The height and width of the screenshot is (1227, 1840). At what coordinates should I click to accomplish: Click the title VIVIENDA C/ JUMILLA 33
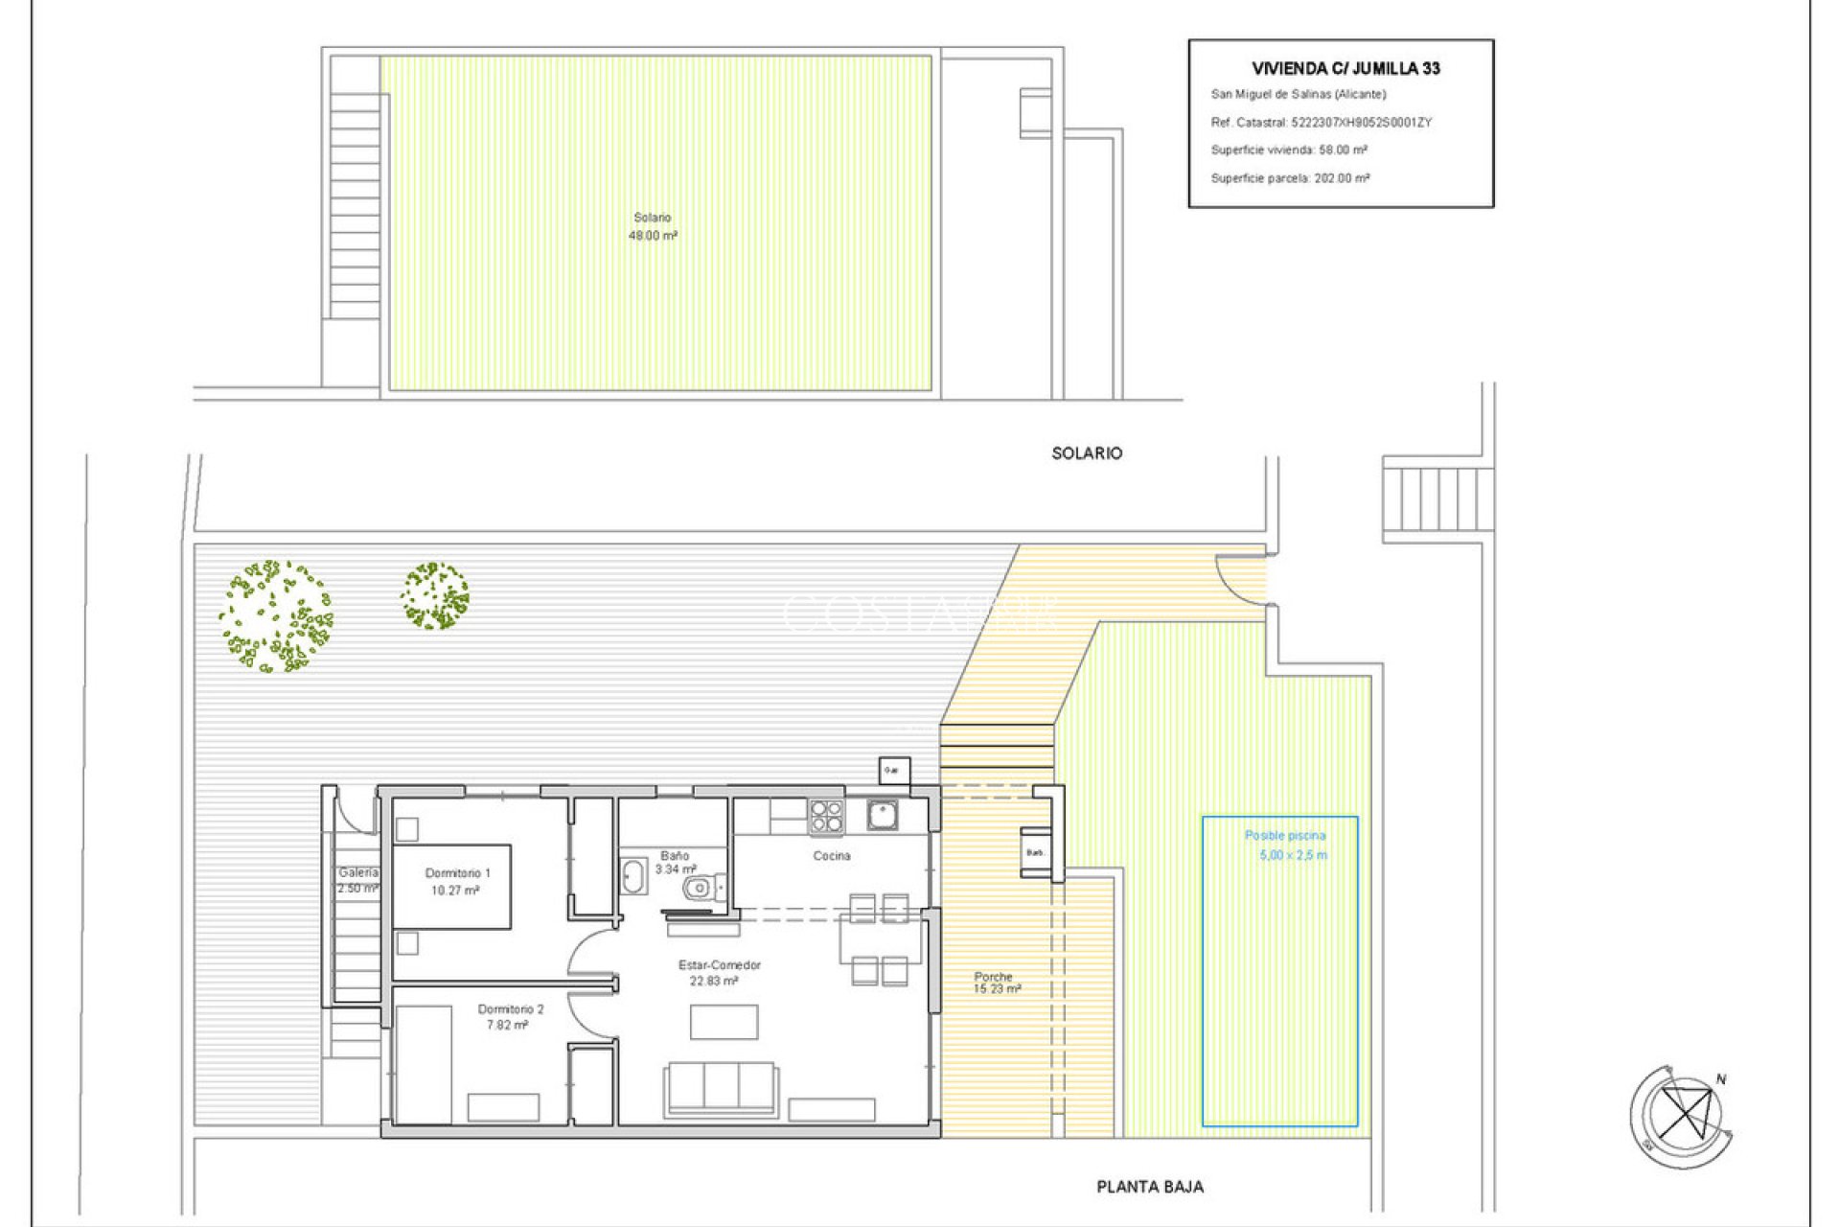coord(1345,68)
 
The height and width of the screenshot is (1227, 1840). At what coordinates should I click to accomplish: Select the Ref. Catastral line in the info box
coord(1321,123)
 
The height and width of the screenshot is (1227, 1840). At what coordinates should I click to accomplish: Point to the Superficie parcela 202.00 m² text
coord(1290,178)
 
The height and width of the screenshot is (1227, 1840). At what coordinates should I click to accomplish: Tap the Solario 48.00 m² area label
coord(653,226)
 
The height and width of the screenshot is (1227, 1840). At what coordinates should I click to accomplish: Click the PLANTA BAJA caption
coord(1149,1187)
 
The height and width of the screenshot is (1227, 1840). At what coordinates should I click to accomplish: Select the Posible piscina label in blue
coord(1284,836)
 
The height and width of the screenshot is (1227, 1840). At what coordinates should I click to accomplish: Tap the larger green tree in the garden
coord(275,615)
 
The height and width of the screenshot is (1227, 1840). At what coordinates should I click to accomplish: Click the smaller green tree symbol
coord(435,596)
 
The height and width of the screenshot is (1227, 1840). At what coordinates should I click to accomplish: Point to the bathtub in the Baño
coord(633,876)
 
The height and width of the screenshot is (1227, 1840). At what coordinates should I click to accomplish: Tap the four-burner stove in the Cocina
coord(826,817)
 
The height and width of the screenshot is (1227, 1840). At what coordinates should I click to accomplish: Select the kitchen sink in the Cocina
coord(882,815)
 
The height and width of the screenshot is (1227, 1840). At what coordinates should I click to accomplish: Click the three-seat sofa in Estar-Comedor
coord(721,1088)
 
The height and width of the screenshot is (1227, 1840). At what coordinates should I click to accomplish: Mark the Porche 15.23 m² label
coord(996,983)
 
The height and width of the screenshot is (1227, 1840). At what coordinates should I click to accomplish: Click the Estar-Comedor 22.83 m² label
coord(719,973)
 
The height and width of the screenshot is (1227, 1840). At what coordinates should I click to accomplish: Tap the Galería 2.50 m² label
coord(357,880)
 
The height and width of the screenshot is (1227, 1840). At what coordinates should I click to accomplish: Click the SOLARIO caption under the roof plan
coord(1086,453)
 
